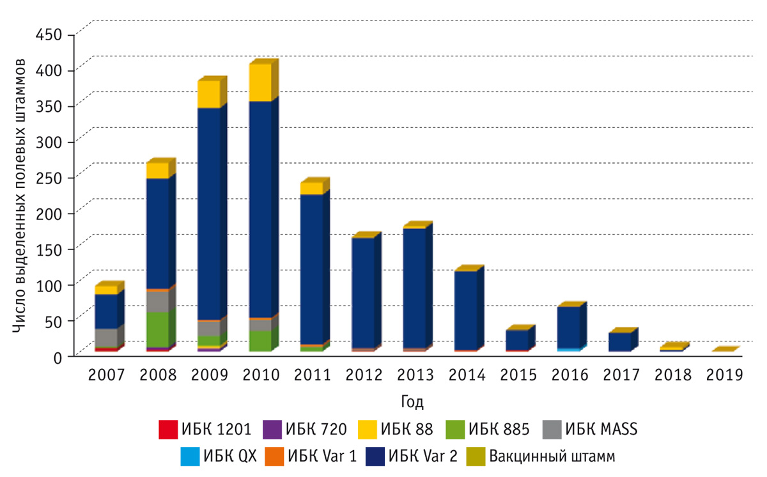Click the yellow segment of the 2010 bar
click(x=260, y=82)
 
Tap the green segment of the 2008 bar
click(x=157, y=329)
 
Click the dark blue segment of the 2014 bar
click(x=465, y=310)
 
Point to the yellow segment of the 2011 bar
click(x=311, y=188)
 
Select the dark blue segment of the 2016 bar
click(x=568, y=327)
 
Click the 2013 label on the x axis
click(x=415, y=375)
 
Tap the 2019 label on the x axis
click(x=724, y=375)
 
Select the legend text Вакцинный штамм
click(x=552, y=457)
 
